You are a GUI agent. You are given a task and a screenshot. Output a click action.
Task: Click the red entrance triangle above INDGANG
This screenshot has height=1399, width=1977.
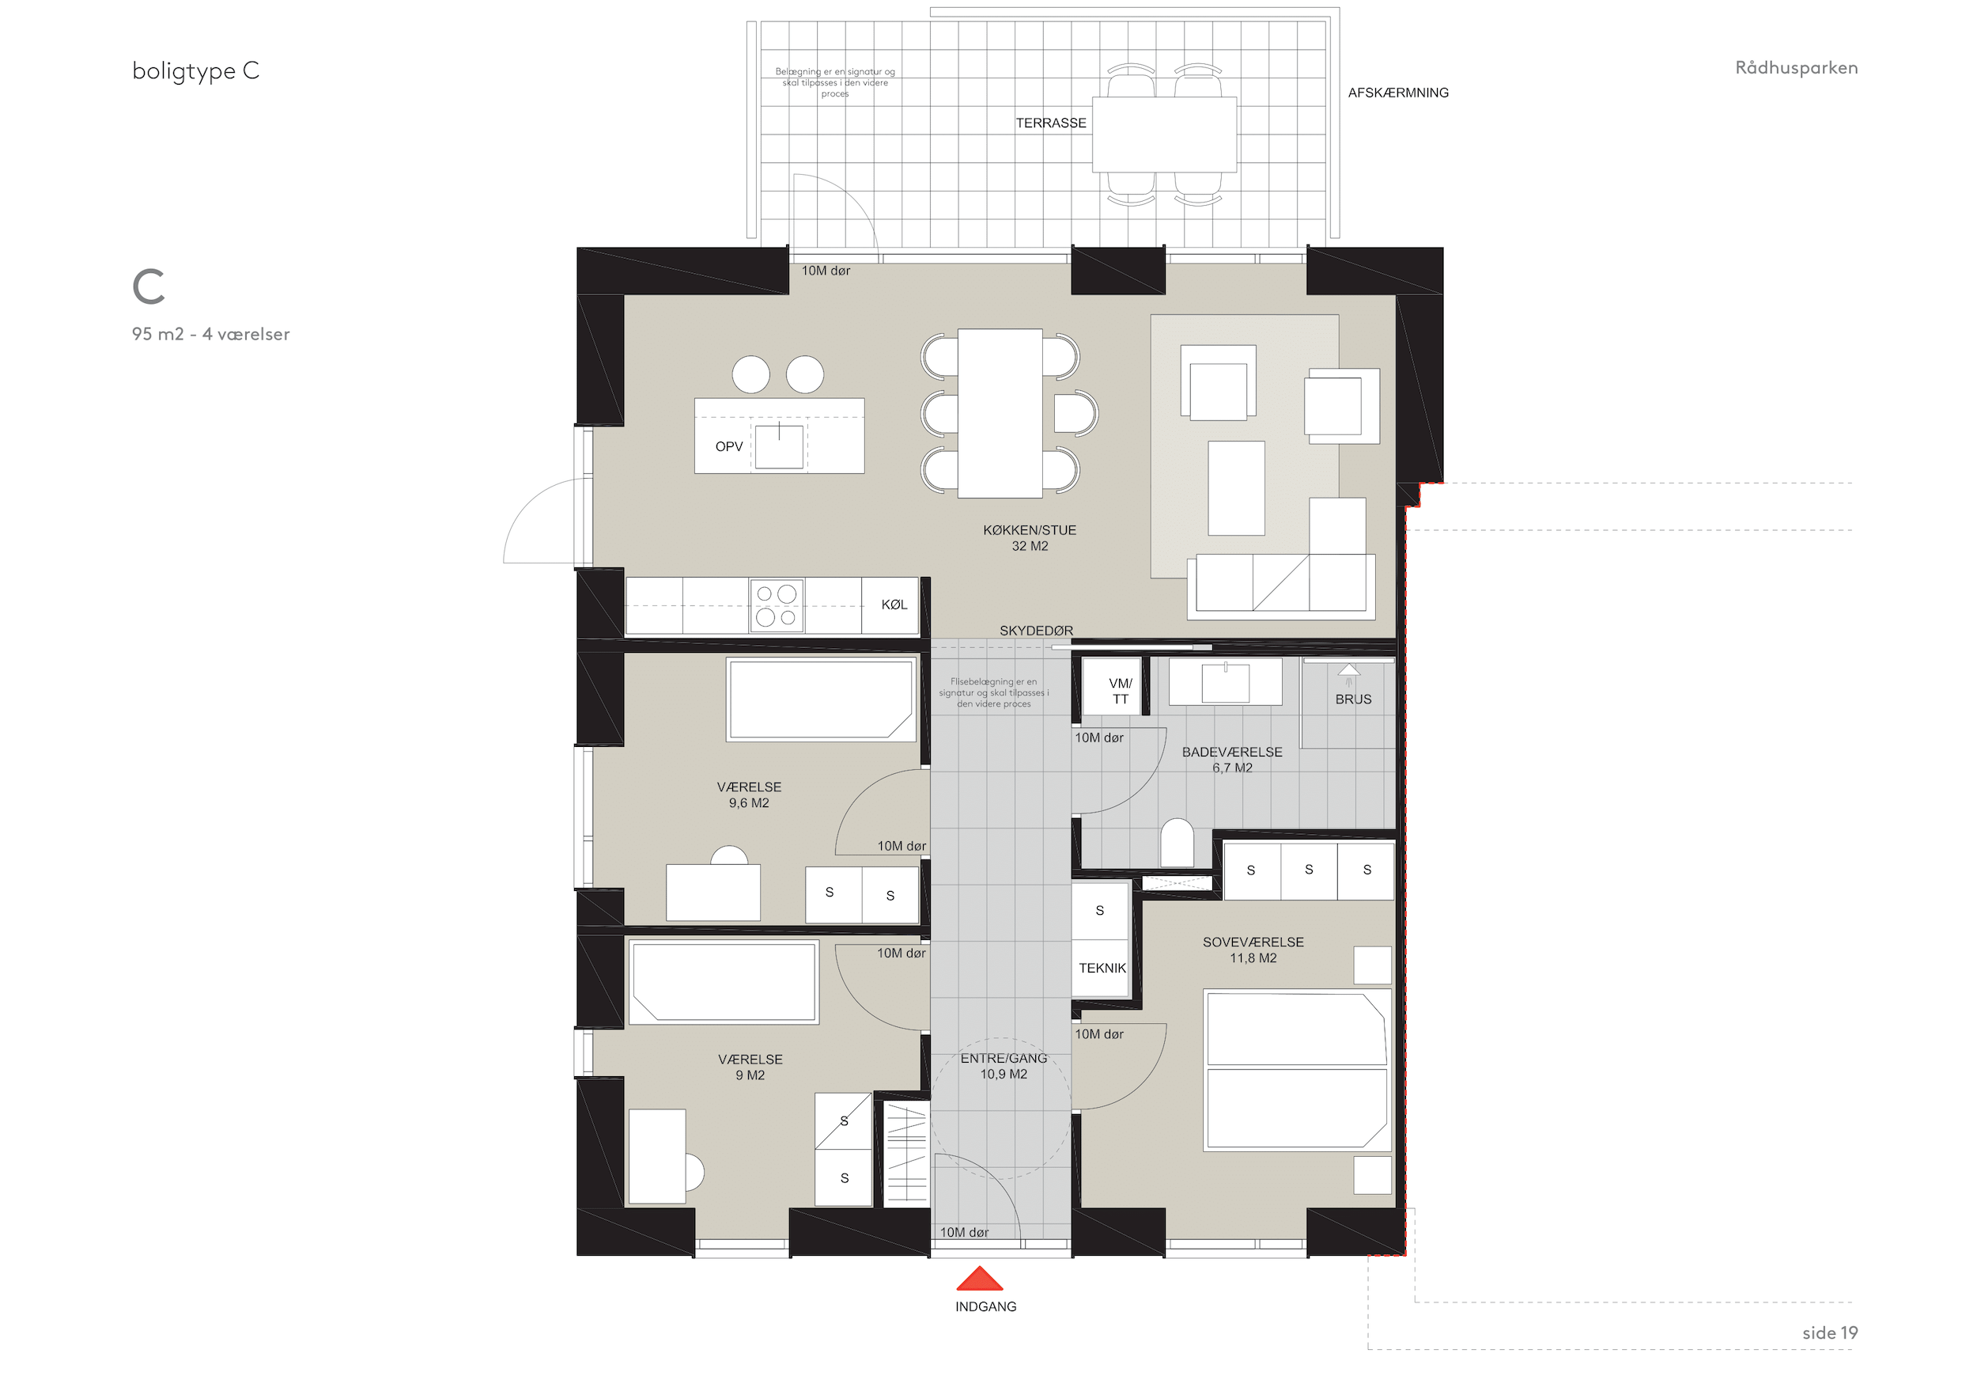[x=979, y=1279]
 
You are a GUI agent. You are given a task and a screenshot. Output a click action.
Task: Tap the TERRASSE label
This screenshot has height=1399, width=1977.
[x=1050, y=123]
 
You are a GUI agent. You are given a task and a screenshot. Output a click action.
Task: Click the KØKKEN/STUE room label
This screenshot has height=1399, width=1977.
[x=1030, y=538]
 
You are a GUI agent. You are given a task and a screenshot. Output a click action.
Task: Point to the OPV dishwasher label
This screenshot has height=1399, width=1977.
[x=728, y=446]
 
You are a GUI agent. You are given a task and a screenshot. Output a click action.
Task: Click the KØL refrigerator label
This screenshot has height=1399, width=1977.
[x=894, y=605]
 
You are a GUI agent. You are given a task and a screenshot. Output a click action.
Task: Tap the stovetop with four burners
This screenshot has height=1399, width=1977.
[x=777, y=605]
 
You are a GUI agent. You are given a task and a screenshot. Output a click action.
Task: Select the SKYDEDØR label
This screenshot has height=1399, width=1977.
[x=1036, y=631]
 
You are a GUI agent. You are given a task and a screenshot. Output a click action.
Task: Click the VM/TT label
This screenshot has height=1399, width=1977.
[x=1121, y=691]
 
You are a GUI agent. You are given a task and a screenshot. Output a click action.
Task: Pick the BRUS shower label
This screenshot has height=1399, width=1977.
[x=1353, y=699]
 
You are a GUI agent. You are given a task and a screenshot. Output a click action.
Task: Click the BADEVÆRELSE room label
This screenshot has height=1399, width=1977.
[x=1232, y=760]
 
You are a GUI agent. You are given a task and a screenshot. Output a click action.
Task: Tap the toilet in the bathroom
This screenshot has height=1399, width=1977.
[x=1177, y=844]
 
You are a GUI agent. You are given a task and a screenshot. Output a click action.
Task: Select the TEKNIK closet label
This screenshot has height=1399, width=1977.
[x=1102, y=969]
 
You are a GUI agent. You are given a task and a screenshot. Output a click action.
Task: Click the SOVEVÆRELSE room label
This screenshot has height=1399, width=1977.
[x=1253, y=950]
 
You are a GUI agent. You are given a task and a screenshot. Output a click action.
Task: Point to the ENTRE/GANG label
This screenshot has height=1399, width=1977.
[x=1004, y=1067]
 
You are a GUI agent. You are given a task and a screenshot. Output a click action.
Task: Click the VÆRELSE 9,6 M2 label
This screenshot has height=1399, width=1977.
[x=749, y=795]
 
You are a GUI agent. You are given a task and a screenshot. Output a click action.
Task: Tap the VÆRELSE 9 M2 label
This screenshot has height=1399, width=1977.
[x=750, y=1067]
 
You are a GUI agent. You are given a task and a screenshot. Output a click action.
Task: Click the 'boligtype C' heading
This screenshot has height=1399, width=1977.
[x=195, y=70]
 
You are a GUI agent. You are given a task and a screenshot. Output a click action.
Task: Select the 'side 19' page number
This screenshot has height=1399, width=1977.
[x=1830, y=1333]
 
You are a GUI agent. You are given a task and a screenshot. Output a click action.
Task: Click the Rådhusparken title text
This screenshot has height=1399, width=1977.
[x=1796, y=67]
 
